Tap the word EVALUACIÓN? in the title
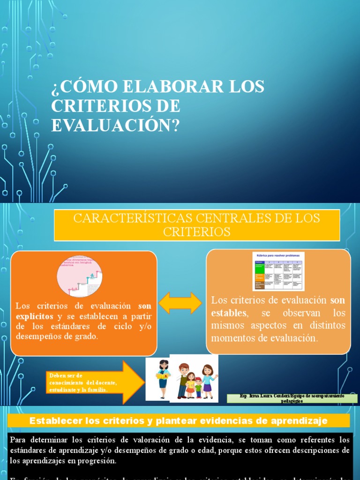[115, 125]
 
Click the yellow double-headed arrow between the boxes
[180, 303]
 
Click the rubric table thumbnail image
[278, 271]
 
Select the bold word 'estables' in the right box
[228, 313]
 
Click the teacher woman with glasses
[163, 379]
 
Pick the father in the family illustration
[183, 380]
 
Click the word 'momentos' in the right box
[232, 338]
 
